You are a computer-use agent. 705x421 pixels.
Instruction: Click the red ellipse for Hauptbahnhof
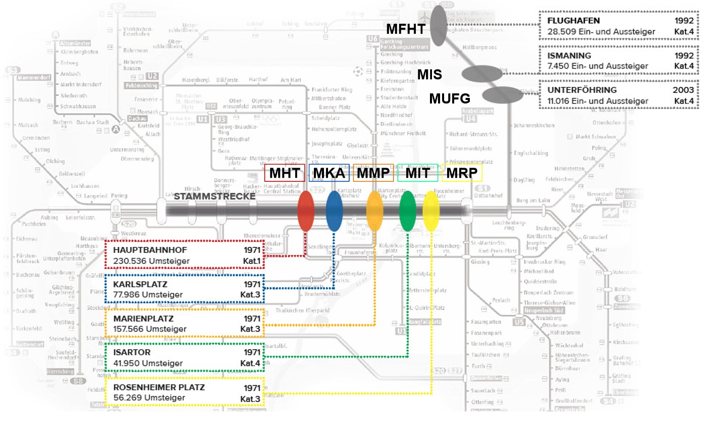point(306,211)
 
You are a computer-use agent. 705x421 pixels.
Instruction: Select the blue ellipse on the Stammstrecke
point(334,211)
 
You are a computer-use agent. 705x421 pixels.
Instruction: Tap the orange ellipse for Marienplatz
point(374,211)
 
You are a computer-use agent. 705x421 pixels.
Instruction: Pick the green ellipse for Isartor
point(408,211)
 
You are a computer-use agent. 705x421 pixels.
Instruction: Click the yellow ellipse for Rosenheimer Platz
point(431,211)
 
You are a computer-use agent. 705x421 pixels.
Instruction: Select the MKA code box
point(329,173)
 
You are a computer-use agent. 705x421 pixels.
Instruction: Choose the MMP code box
point(373,173)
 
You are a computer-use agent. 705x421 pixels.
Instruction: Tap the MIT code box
point(417,173)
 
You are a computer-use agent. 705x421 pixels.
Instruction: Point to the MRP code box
point(462,173)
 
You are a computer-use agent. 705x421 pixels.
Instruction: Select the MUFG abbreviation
point(450,98)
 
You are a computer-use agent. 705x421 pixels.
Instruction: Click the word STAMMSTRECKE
point(214,196)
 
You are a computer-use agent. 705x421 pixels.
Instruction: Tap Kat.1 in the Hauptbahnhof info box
point(251,261)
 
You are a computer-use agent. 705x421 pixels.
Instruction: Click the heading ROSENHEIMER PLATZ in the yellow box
point(159,388)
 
